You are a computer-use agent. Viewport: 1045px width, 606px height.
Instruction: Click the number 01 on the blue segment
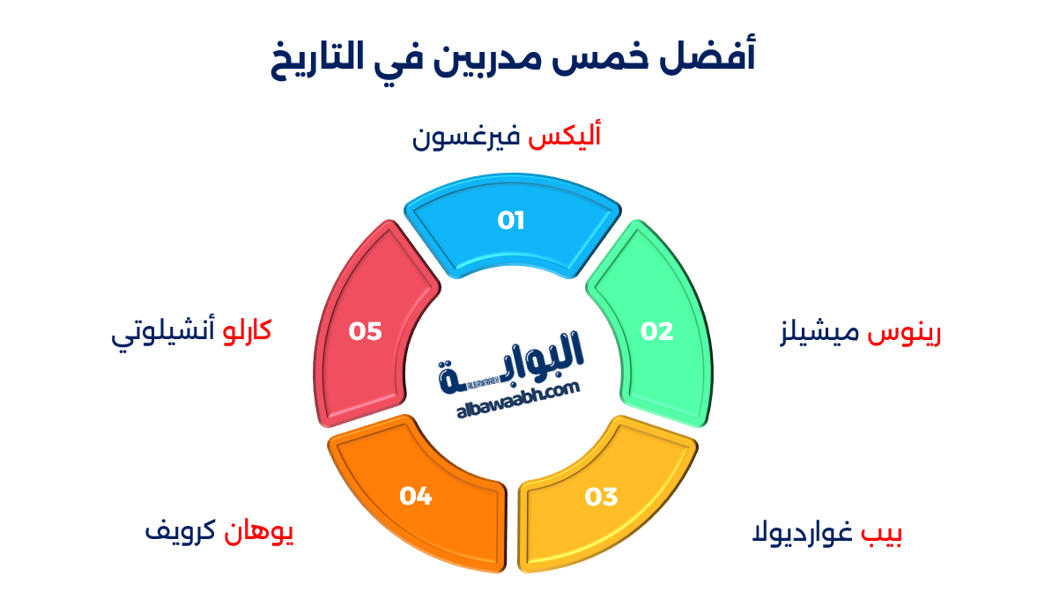(x=511, y=220)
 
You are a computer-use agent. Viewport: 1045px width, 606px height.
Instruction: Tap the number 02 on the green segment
(x=656, y=331)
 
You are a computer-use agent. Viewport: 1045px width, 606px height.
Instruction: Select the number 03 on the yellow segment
(x=601, y=498)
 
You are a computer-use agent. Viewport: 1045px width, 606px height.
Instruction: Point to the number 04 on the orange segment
(x=415, y=497)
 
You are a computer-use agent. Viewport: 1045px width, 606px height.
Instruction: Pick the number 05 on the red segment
(x=365, y=331)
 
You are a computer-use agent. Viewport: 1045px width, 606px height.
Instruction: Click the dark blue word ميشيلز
(x=823, y=334)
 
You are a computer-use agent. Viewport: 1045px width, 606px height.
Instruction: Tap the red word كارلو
(x=244, y=331)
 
